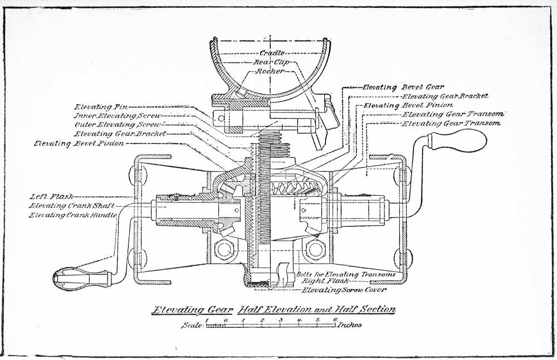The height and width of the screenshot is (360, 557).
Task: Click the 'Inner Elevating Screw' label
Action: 118,115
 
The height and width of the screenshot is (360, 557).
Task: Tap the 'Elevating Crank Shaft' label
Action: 72,206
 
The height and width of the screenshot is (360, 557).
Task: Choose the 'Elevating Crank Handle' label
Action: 74,215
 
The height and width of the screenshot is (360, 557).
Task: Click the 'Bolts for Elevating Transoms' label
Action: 346,274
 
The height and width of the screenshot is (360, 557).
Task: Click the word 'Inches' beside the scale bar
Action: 350,325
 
